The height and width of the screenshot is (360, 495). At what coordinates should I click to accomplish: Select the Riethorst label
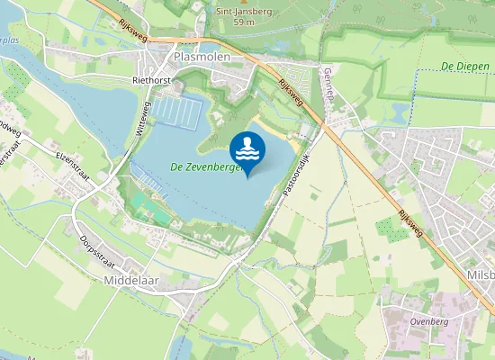[151, 80]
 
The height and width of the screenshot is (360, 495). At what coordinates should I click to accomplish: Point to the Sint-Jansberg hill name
[243, 10]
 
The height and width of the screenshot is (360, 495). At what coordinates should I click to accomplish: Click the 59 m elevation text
[243, 21]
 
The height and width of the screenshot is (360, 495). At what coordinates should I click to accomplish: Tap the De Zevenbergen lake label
[206, 166]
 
